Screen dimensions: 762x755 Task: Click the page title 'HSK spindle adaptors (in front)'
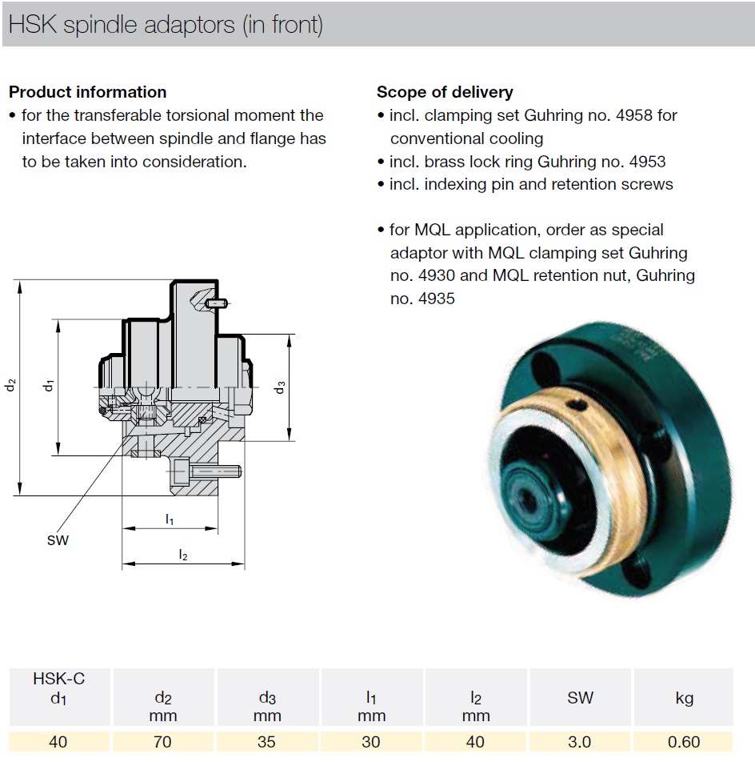pos(166,24)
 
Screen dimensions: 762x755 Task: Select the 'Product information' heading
pos(88,92)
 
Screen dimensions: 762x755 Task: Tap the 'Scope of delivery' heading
pos(445,92)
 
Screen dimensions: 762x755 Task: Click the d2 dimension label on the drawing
pos(10,385)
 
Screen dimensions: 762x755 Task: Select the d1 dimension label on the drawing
pos(49,385)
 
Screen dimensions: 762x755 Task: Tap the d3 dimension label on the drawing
pos(280,387)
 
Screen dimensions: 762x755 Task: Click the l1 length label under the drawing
pos(170,519)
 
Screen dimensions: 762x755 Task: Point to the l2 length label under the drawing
pos(183,555)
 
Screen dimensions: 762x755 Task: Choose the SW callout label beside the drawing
pos(58,539)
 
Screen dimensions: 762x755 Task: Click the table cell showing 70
pos(162,741)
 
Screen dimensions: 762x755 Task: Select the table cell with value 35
pos(267,741)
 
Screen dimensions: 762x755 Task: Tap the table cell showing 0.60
pos(684,741)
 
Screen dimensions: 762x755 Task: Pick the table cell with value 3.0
pos(580,741)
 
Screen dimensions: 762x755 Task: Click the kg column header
pos(684,698)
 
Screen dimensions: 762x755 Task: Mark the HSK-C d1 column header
pos(58,688)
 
